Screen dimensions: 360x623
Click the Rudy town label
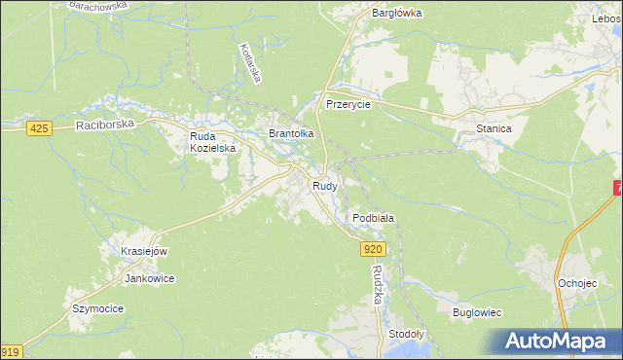click(324, 185)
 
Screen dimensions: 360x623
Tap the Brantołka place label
click(291, 133)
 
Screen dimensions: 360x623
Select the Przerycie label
click(348, 104)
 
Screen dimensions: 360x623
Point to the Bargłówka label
click(396, 14)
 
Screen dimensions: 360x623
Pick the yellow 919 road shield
click(10, 352)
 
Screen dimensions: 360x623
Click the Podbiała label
click(373, 219)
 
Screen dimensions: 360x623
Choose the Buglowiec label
click(477, 312)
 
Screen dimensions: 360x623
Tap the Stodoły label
click(406, 333)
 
